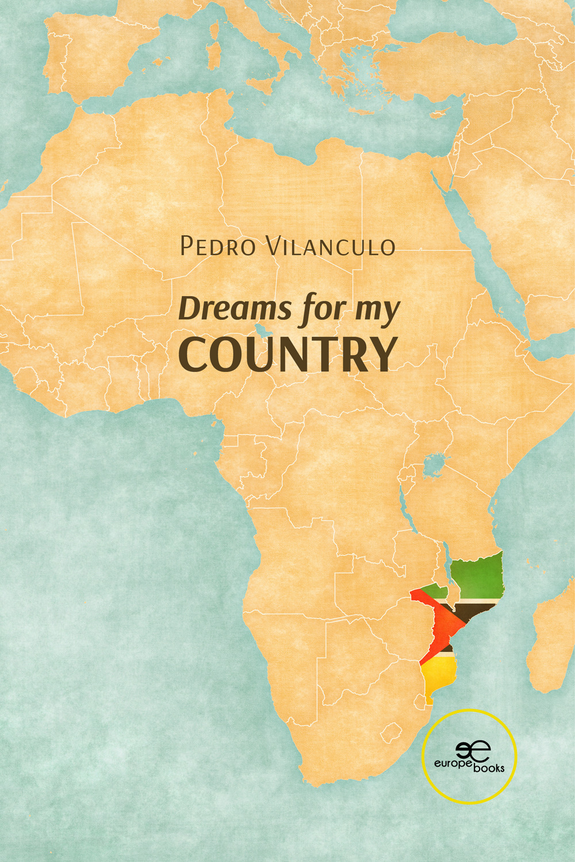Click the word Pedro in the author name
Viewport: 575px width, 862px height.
pos(217,247)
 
